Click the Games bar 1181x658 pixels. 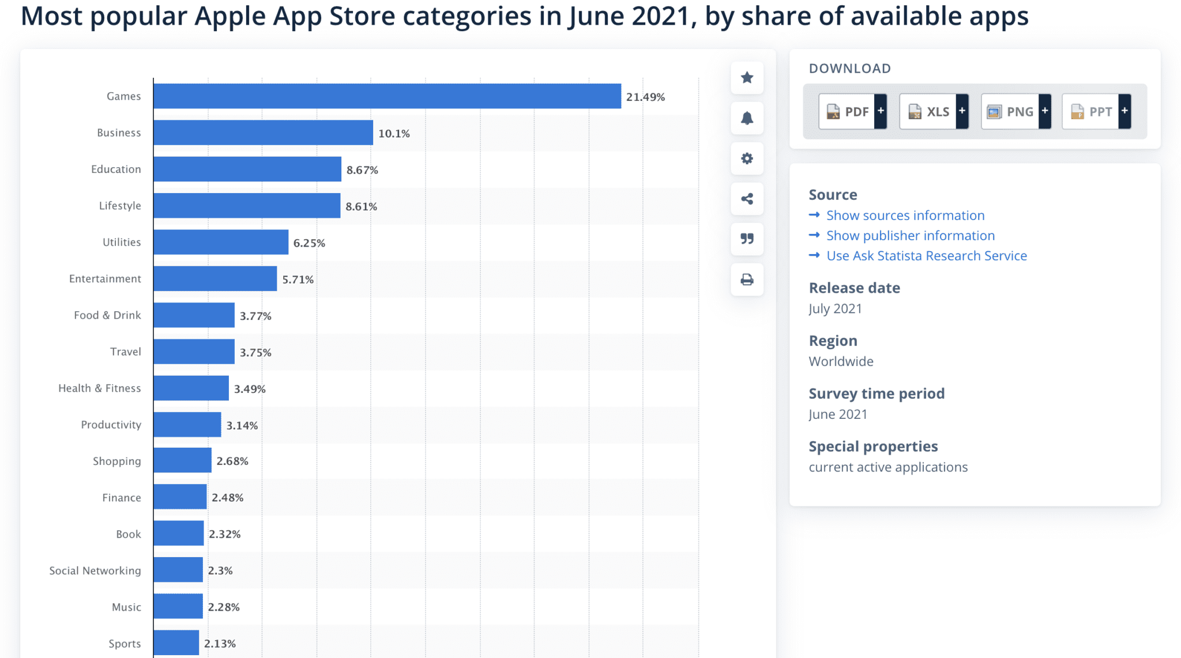click(x=387, y=96)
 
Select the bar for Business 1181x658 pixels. click(x=263, y=133)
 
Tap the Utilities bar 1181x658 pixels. click(x=221, y=242)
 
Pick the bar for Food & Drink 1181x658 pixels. click(x=194, y=315)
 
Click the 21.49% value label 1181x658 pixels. click(x=645, y=97)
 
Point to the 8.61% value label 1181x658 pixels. click(x=361, y=206)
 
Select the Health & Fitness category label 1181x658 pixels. click(x=99, y=388)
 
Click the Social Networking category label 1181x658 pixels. click(x=95, y=570)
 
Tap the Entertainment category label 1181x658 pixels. click(x=105, y=279)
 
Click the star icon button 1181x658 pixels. click(x=747, y=78)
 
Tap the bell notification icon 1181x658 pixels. click(x=747, y=118)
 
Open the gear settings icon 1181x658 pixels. click(x=747, y=158)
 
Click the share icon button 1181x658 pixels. click(x=747, y=199)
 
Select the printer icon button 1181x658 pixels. click(x=747, y=279)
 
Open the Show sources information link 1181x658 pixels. click(x=905, y=215)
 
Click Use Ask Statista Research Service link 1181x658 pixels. click(x=926, y=256)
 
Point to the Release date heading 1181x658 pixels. click(x=854, y=288)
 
